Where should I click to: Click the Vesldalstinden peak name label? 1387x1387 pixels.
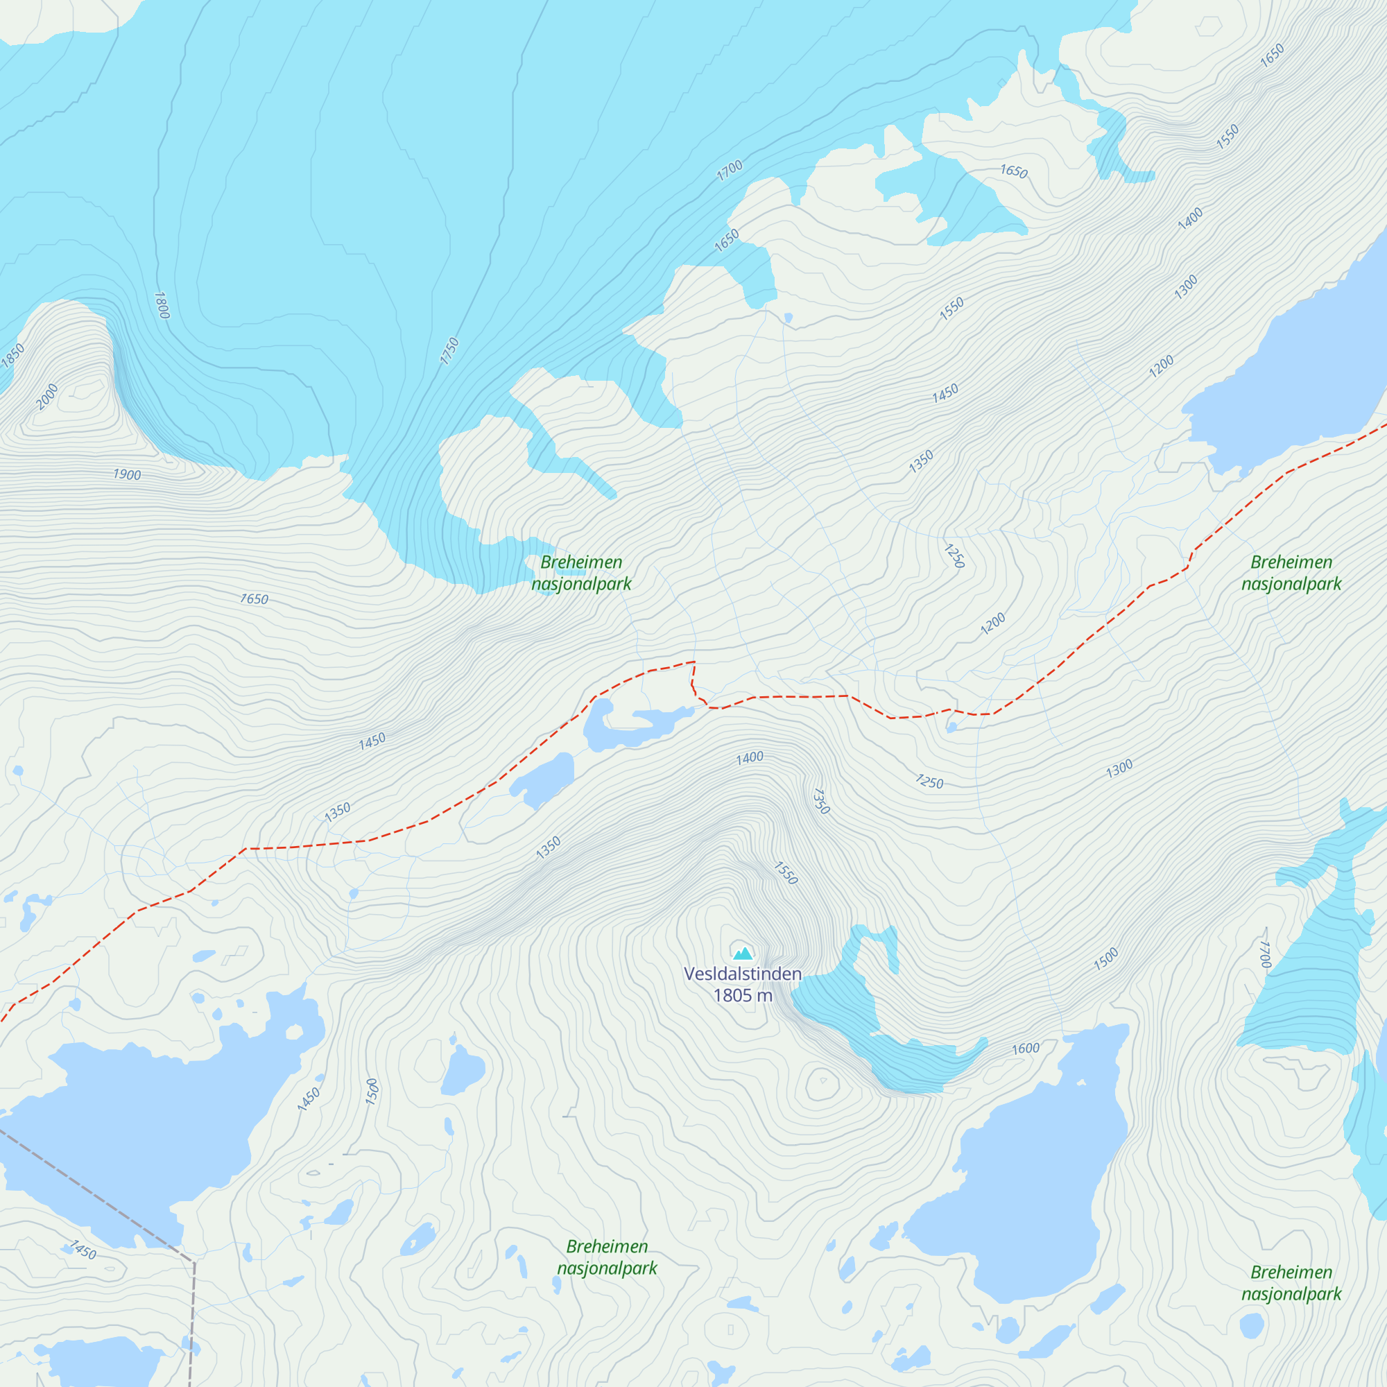(742, 974)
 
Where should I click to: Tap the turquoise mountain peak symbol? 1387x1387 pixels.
(743, 954)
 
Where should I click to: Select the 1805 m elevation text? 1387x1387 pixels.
(742, 995)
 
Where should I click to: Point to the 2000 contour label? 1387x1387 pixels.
(47, 397)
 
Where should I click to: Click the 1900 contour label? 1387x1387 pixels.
(127, 474)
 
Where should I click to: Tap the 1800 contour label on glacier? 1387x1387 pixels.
(162, 305)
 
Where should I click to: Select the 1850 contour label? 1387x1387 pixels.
(13, 356)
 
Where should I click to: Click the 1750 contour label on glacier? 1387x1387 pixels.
(449, 350)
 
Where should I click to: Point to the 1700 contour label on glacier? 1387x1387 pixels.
(730, 170)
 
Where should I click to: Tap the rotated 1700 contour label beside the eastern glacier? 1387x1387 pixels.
(1266, 955)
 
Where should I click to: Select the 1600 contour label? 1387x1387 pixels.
(1026, 1049)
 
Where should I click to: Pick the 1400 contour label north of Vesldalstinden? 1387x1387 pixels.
(750, 757)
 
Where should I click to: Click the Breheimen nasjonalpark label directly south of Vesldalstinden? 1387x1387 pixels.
(607, 1257)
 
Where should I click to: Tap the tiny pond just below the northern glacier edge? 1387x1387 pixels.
(789, 318)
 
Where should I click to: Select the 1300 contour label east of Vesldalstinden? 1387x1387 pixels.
(1119, 768)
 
